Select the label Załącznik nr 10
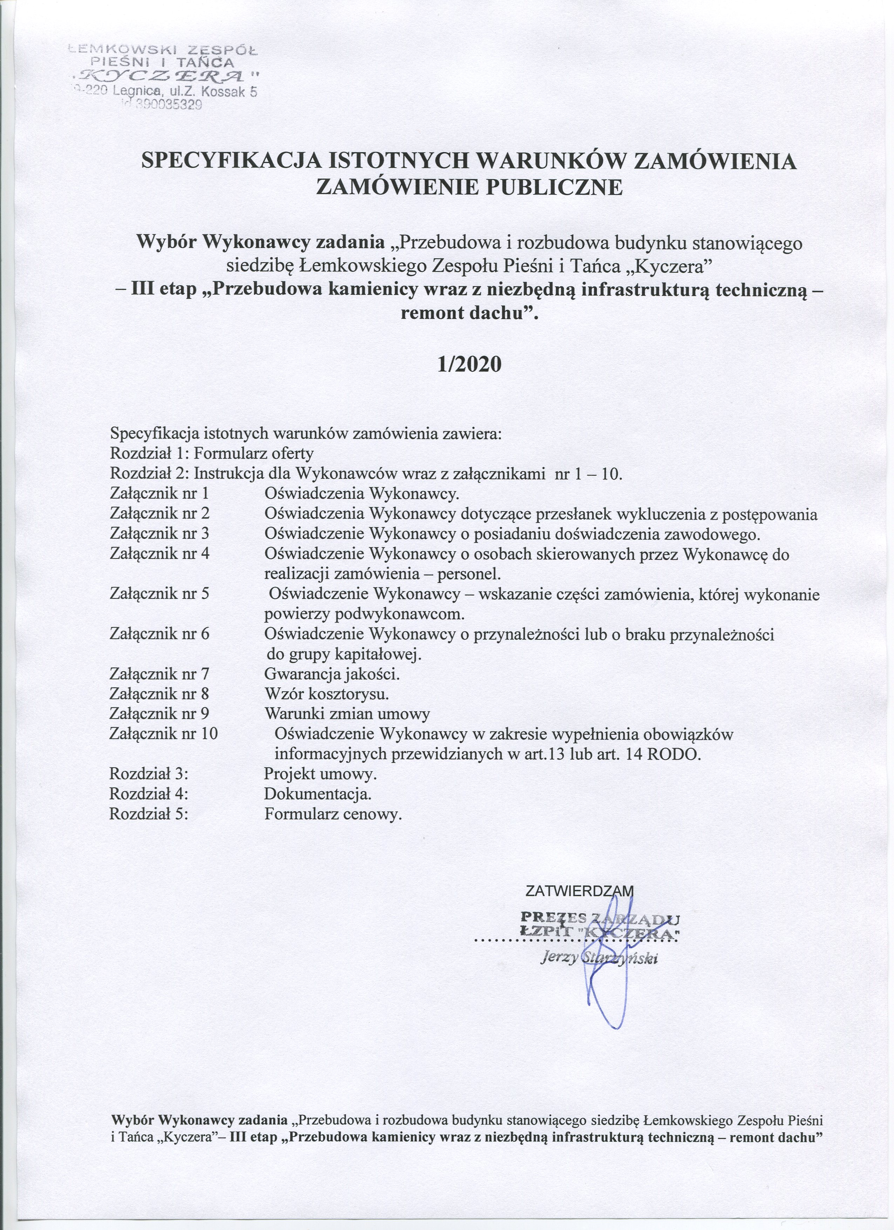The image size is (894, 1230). [x=163, y=734]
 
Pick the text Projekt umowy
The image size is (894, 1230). [x=320, y=774]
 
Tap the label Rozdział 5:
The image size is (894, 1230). [x=149, y=814]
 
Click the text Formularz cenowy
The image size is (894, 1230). [x=333, y=814]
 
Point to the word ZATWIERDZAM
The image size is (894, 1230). [x=580, y=890]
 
